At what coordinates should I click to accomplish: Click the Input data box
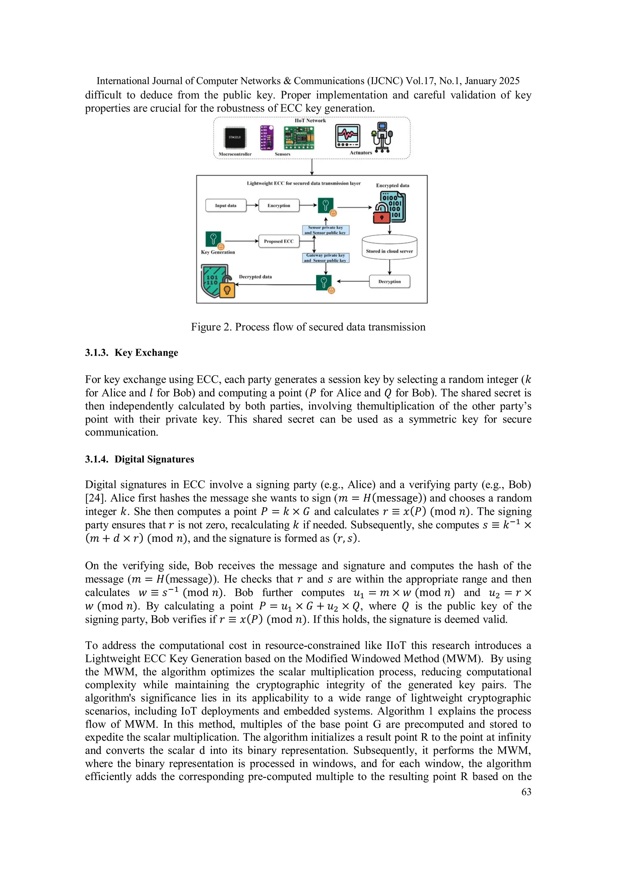tap(226, 205)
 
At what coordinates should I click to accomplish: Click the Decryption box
tap(390, 282)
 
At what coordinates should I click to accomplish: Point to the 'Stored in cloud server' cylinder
tap(390, 248)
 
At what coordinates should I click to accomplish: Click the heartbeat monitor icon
tap(348, 136)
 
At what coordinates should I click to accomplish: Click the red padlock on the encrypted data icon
tap(382, 217)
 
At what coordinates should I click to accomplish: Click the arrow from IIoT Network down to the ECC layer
tap(312, 167)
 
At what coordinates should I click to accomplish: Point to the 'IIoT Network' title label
tap(310, 121)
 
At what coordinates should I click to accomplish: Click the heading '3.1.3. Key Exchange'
tap(131, 353)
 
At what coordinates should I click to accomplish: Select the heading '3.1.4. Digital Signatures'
tap(139, 459)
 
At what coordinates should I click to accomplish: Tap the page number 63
tap(526, 792)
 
